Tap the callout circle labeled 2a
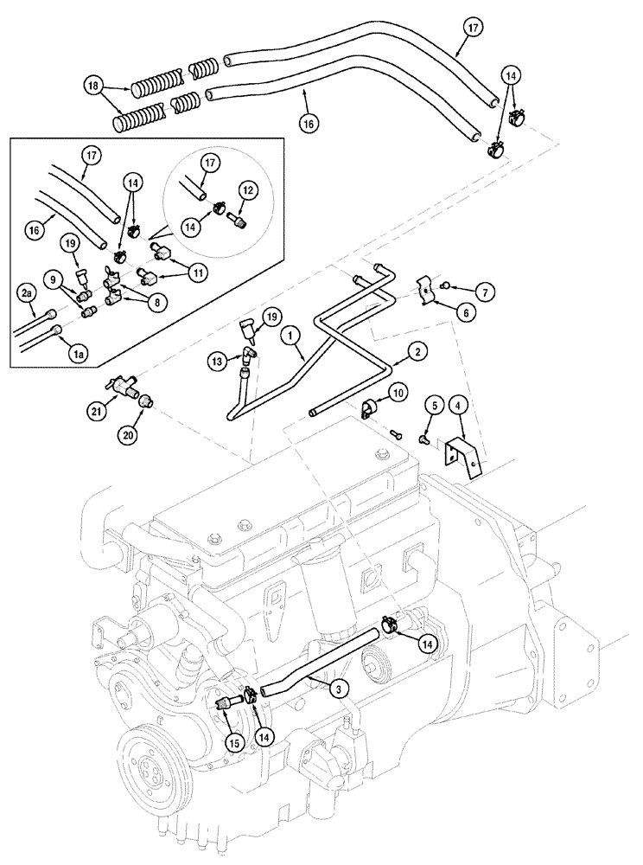26,294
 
